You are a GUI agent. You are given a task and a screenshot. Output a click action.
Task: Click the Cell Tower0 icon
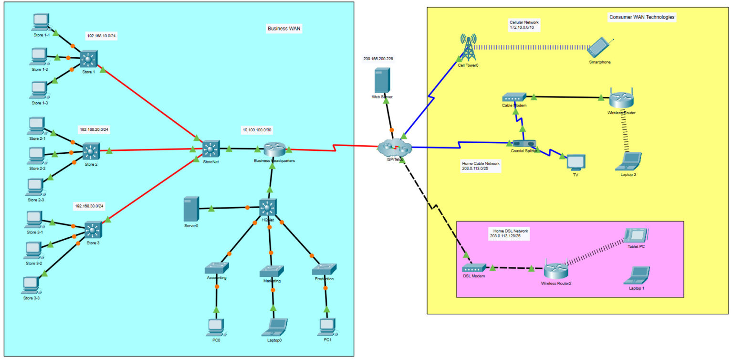click(468, 47)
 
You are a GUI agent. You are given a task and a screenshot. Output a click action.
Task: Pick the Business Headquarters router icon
click(274, 149)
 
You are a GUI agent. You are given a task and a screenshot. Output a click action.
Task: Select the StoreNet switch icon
click(210, 149)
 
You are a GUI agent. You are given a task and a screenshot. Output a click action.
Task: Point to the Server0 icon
click(190, 209)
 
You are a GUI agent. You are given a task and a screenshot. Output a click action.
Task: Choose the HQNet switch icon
click(268, 207)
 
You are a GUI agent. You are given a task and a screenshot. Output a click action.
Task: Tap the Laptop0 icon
click(274, 327)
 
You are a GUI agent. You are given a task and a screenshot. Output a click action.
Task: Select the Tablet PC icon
click(637, 235)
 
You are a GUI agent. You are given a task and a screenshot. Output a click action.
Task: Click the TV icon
click(575, 162)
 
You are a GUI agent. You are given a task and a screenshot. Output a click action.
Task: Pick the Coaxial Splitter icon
click(524, 143)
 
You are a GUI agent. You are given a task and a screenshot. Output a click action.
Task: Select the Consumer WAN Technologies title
click(642, 17)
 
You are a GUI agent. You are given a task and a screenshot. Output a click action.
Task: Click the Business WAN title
click(285, 29)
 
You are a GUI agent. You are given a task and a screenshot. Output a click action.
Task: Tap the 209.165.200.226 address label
click(378, 59)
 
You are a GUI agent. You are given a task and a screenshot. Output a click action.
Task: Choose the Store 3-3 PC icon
click(31, 285)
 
